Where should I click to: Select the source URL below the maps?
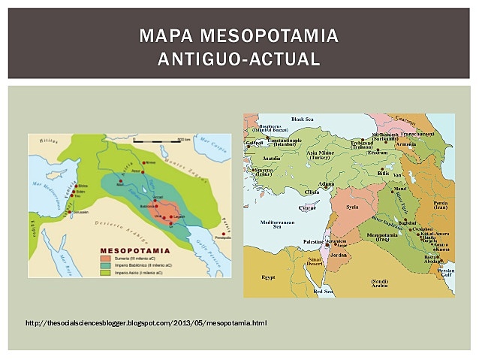point(146,323)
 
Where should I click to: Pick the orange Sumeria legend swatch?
point(105,257)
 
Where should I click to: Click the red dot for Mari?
point(119,182)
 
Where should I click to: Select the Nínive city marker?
point(144,162)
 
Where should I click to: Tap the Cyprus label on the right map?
point(308,207)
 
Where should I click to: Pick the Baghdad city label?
point(407,222)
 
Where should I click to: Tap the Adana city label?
point(325,183)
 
